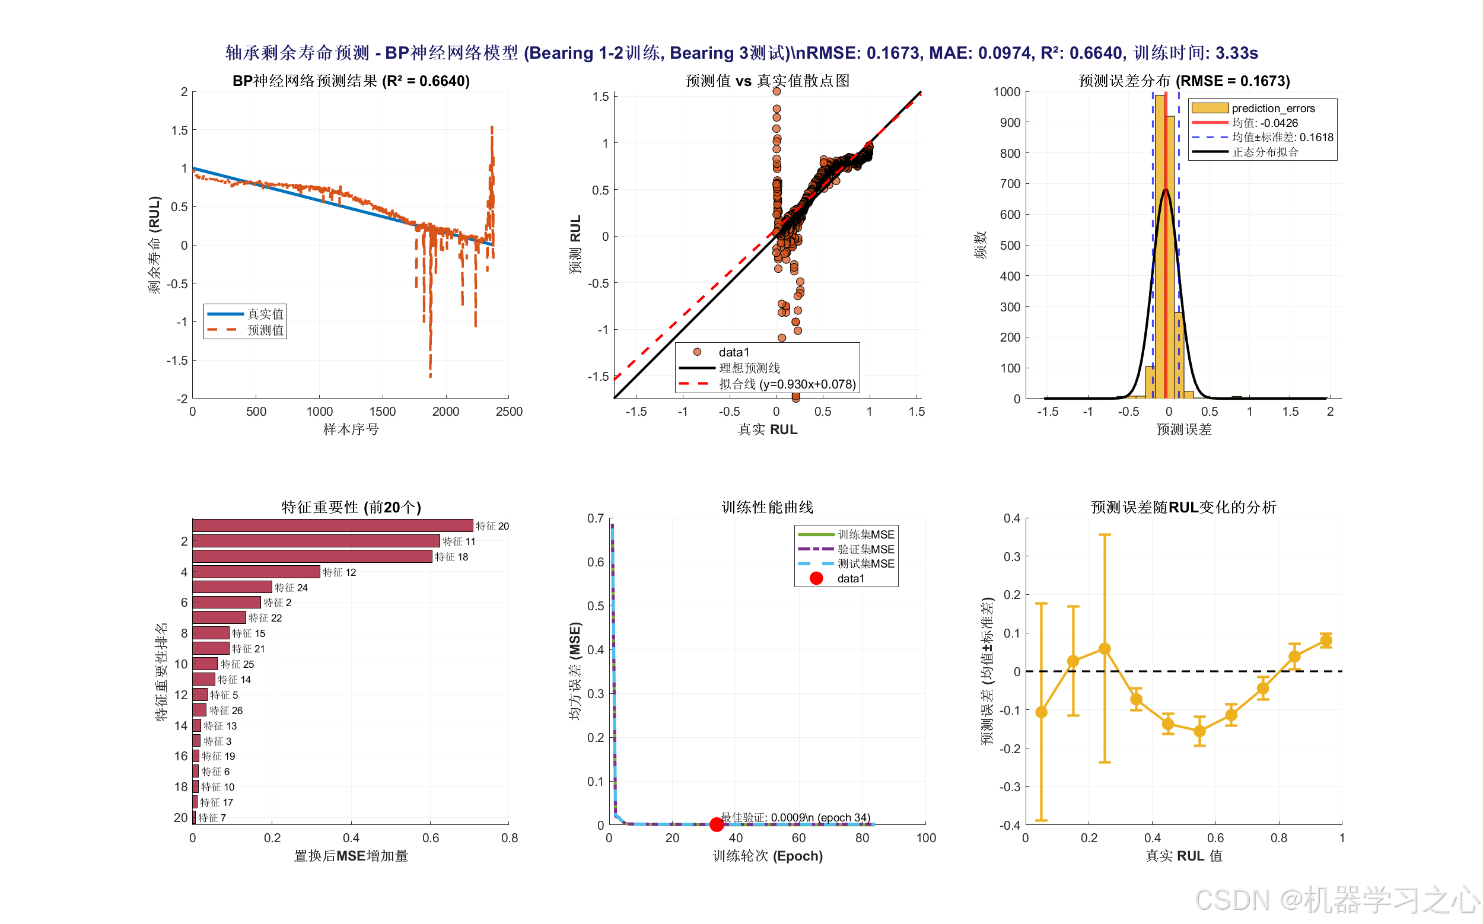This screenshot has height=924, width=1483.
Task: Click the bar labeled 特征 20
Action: coord(333,525)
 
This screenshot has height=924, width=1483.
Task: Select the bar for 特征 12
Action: coord(256,572)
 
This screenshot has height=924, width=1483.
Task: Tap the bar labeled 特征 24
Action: coord(233,587)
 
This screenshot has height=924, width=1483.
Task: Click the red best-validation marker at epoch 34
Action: coord(717,824)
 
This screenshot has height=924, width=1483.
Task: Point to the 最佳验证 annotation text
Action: coord(795,817)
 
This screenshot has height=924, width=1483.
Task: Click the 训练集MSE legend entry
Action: coord(846,535)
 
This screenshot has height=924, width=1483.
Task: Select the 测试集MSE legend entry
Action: coord(846,563)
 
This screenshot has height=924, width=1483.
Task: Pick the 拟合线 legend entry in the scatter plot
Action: coord(768,384)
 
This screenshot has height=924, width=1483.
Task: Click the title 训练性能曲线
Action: coord(767,507)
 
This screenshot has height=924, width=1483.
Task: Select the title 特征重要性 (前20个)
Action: coord(351,507)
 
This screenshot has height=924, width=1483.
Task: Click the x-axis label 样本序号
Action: coord(351,429)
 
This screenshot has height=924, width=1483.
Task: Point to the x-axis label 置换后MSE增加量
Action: coord(351,856)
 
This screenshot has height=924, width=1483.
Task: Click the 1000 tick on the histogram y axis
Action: coord(1007,92)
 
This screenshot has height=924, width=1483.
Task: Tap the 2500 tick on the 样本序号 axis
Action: coord(509,411)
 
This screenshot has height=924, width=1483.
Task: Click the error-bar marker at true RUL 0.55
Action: coord(1199,731)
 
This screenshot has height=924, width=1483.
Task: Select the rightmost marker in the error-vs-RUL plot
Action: coord(1326,641)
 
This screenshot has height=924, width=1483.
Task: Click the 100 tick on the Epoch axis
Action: coord(925,838)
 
